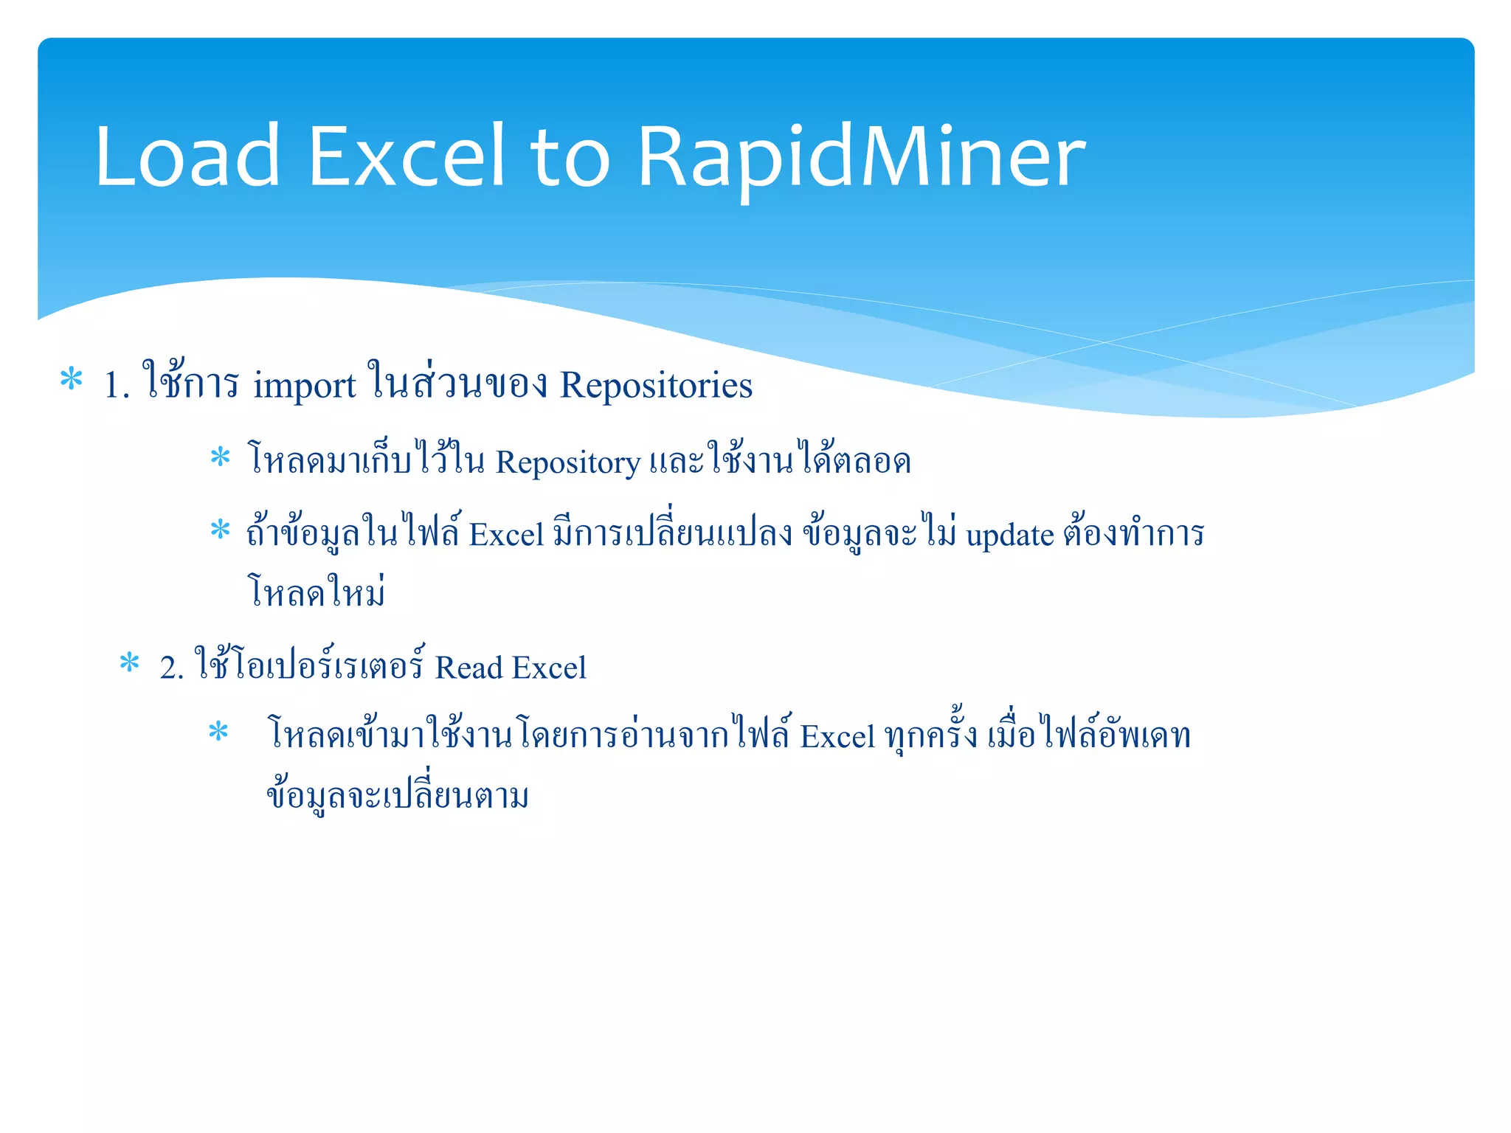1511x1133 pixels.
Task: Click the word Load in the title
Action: point(187,156)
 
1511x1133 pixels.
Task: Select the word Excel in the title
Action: point(406,156)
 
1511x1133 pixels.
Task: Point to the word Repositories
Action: point(656,385)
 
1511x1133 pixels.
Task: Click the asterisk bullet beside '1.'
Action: point(71,379)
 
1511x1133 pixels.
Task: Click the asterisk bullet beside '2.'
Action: point(129,662)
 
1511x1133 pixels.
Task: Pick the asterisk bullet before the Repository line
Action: point(220,457)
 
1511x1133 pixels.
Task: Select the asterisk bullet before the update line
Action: point(220,530)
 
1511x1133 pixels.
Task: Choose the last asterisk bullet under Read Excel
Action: point(218,732)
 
